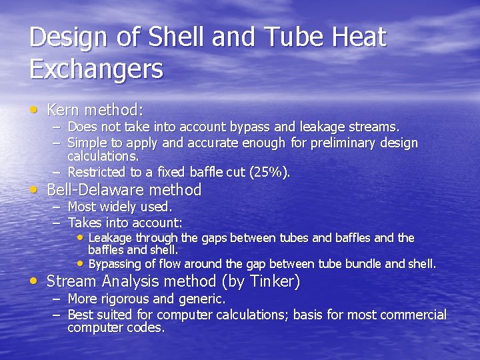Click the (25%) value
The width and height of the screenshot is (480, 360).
click(x=269, y=172)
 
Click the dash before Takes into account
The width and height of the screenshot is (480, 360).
click(x=57, y=223)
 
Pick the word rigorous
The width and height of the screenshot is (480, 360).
click(x=125, y=299)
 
